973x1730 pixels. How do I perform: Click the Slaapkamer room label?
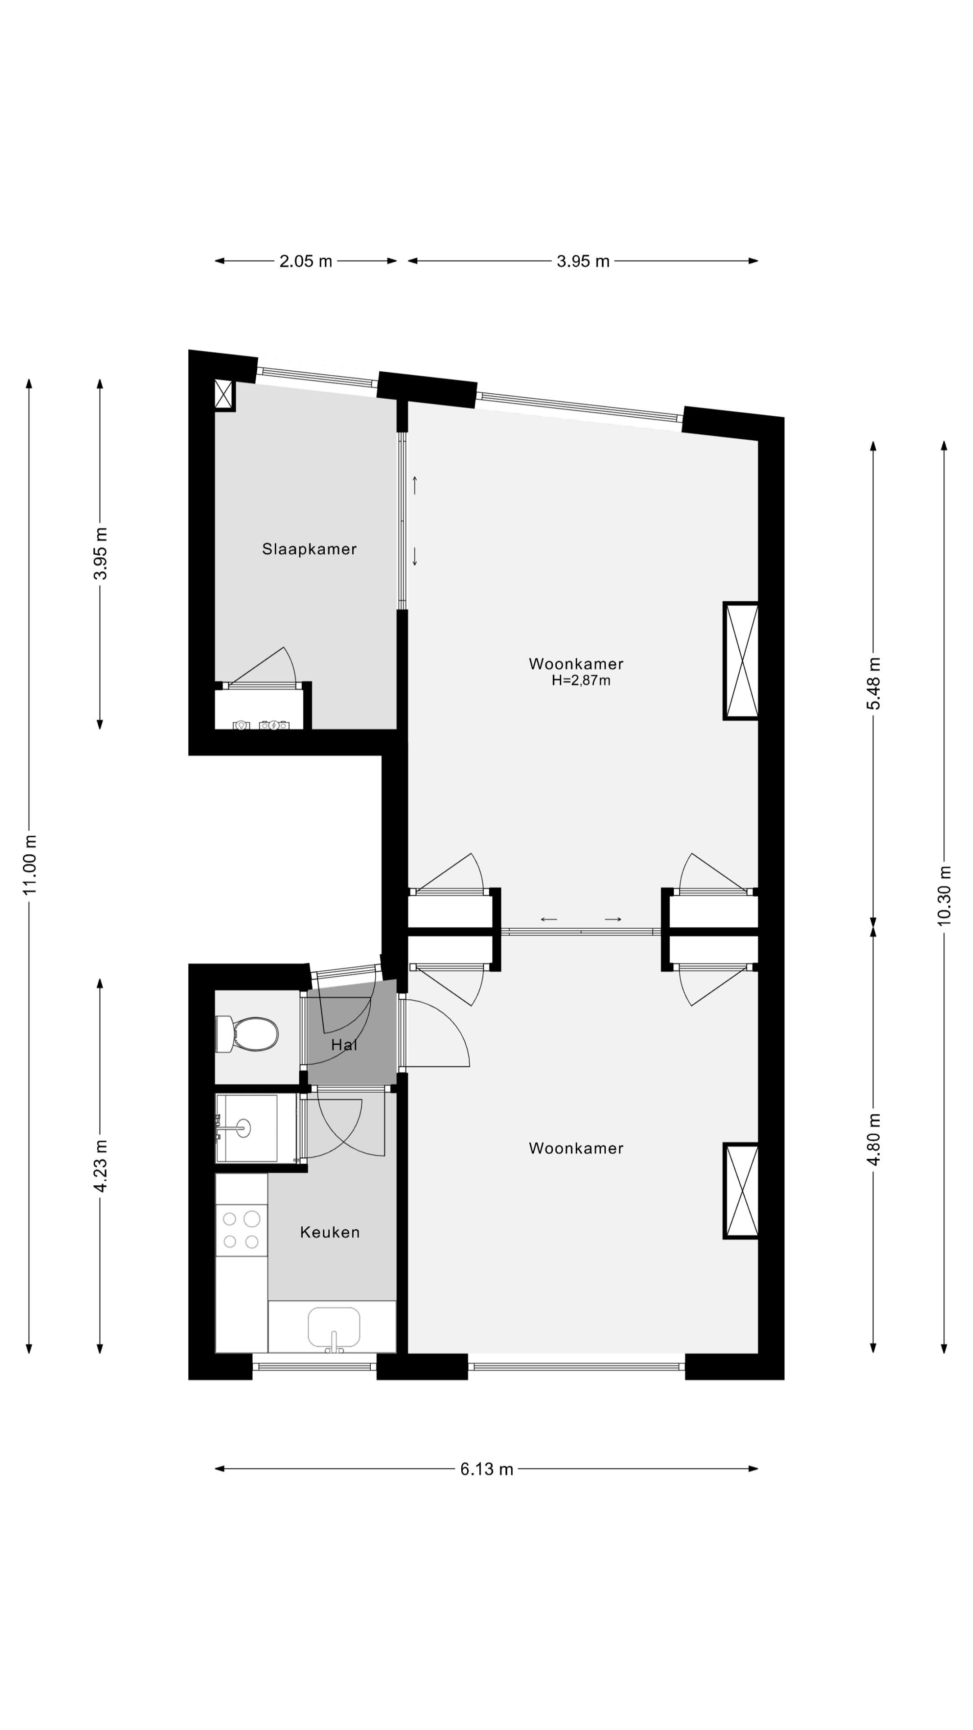[309, 549]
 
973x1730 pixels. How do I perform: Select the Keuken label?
[330, 1232]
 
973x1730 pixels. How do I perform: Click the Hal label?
[344, 1045]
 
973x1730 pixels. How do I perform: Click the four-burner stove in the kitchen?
[241, 1229]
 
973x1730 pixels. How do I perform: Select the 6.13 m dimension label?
[486, 1470]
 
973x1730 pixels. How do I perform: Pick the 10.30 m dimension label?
[944, 896]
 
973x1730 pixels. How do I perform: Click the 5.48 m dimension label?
[873, 683]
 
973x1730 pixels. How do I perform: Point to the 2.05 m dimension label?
[305, 261]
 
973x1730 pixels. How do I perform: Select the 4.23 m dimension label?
[100, 1166]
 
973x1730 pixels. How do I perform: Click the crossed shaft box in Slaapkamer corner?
[223, 394]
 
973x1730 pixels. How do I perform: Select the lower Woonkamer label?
[576, 1148]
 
